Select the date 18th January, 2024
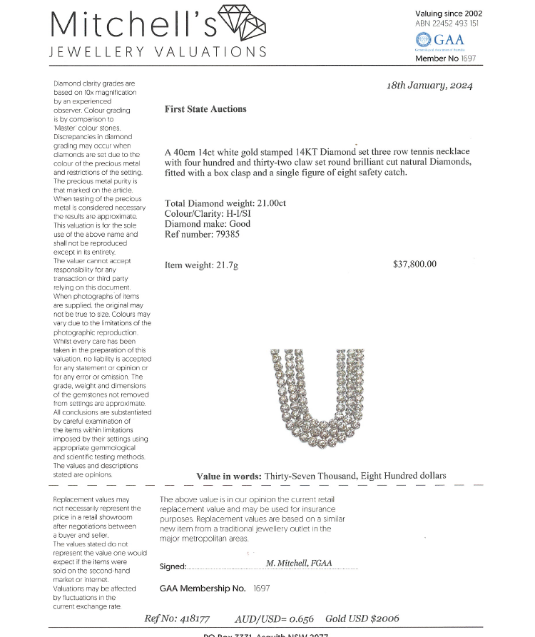(x=429, y=86)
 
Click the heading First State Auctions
(x=205, y=109)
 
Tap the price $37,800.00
(x=414, y=264)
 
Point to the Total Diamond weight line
(x=225, y=203)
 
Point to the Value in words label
(x=229, y=476)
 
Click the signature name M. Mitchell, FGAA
(x=299, y=563)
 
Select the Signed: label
(x=173, y=567)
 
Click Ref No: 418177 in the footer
(x=177, y=618)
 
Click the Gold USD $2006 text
(x=362, y=618)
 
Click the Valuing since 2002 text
(x=448, y=14)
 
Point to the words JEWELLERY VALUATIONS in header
(x=158, y=52)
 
